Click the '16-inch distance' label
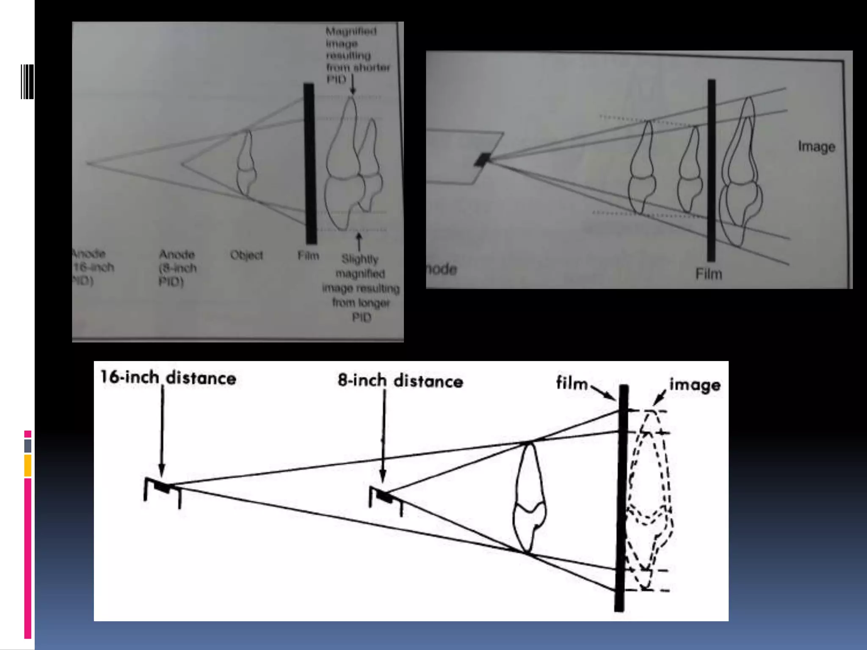tap(168, 378)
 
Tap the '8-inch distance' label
tap(400, 381)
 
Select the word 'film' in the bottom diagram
tap(572, 383)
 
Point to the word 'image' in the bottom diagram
tap(695, 385)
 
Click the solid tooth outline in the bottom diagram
tap(529, 499)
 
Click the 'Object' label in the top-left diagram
tap(246, 255)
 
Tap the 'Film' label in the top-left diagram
tap(308, 256)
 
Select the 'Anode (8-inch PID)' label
tap(177, 268)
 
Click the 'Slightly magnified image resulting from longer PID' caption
tap(361, 288)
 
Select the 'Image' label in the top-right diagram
tap(816, 147)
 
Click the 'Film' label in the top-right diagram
tap(708, 274)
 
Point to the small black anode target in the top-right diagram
tap(483, 160)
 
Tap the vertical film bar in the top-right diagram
tap(712, 169)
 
